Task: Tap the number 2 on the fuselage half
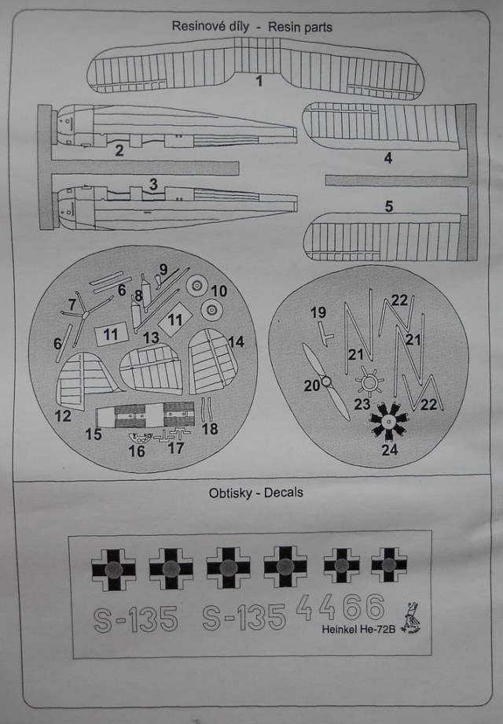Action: click(x=119, y=150)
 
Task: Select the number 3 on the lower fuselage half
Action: click(x=153, y=184)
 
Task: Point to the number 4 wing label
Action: click(x=388, y=157)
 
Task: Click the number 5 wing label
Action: click(x=388, y=207)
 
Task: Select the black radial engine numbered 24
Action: click(x=387, y=423)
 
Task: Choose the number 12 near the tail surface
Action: click(x=64, y=415)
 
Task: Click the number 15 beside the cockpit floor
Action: click(x=94, y=434)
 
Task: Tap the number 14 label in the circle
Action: click(x=236, y=342)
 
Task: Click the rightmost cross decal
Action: click(x=388, y=564)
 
